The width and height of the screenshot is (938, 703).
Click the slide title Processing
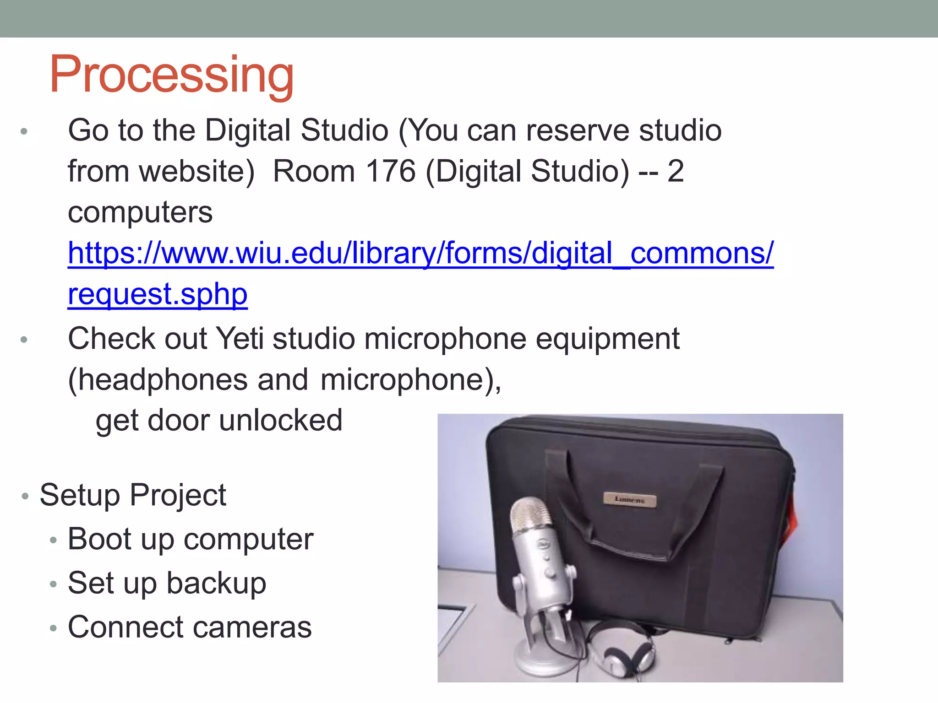(171, 75)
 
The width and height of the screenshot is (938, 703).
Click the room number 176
(391, 172)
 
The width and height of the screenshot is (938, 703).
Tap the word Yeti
(240, 339)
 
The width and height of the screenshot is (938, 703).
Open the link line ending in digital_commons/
(420, 253)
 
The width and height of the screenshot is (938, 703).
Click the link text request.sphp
(158, 294)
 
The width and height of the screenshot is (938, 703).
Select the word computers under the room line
(140, 212)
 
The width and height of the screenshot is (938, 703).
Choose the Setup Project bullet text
(133, 495)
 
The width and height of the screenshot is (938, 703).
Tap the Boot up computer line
(191, 539)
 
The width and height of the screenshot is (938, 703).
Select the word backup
(216, 583)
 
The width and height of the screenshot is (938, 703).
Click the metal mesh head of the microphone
(532, 516)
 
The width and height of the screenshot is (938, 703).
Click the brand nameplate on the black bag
(630, 500)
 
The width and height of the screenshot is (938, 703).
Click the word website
(196, 172)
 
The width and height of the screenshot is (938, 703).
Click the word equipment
(607, 339)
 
